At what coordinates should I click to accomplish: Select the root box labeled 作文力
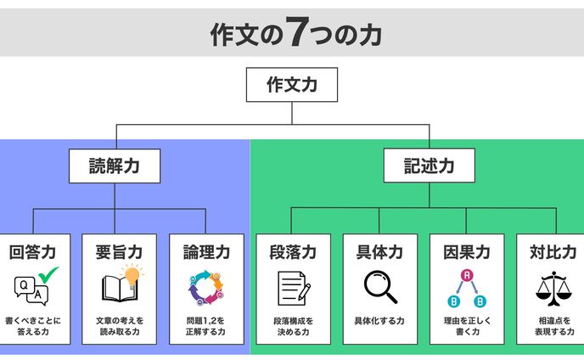click(291, 85)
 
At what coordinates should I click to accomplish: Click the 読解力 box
click(115, 166)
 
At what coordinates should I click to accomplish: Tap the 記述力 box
click(429, 166)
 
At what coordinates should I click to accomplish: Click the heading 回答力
click(33, 252)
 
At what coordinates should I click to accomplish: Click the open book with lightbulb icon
click(119, 286)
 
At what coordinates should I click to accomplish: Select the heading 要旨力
click(120, 252)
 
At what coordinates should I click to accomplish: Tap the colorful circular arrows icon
click(205, 288)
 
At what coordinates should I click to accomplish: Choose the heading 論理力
click(206, 252)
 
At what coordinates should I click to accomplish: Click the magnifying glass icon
click(379, 287)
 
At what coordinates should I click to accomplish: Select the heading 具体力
click(379, 252)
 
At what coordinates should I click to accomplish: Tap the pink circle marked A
click(466, 275)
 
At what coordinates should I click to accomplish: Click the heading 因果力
click(466, 252)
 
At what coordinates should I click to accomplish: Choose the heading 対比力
click(553, 252)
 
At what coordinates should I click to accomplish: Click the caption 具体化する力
click(379, 322)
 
